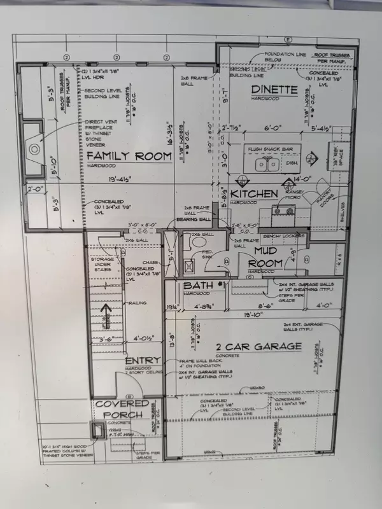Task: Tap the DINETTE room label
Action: [274, 90]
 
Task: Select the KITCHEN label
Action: [254, 193]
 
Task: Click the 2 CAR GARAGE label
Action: [249, 346]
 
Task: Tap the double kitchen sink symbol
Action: [267, 165]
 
